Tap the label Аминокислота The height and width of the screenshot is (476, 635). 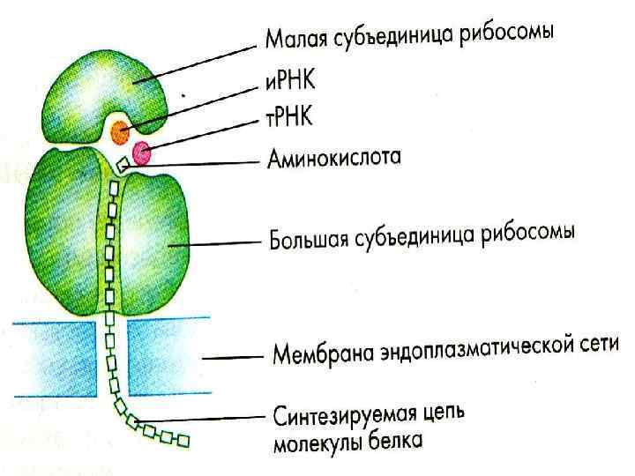(x=334, y=160)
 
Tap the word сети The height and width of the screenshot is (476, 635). (x=601, y=344)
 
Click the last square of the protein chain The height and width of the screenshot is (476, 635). (x=183, y=438)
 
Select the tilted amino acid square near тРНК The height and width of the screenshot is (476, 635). (x=123, y=164)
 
